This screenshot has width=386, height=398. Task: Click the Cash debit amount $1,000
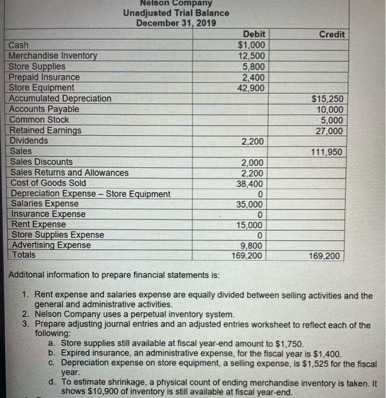pyautogui.click(x=250, y=45)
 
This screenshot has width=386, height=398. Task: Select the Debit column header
pyautogui.click(x=254, y=35)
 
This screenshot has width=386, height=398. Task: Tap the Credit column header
pyautogui.click(x=331, y=35)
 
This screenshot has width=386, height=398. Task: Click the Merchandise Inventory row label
pyautogui.click(x=53, y=56)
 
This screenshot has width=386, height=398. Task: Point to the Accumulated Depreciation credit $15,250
pyautogui.click(x=328, y=98)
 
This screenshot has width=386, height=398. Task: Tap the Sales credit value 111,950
pyautogui.click(x=327, y=151)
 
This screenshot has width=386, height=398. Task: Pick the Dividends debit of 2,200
pyautogui.click(x=252, y=140)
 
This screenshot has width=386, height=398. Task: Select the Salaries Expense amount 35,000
pyautogui.click(x=250, y=204)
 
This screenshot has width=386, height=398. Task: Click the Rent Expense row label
pyautogui.click(x=38, y=225)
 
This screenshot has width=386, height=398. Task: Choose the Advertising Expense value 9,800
pyautogui.click(x=253, y=246)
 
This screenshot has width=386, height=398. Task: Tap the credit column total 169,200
pyautogui.click(x=327, y=256)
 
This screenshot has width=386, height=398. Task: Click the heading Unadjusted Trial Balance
pyautogui.click(x=176, y=13)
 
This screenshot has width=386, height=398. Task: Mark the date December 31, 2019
pyautogui.click(x=176, y=23)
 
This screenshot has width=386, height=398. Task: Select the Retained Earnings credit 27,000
pyautogui.click(x=329, y=130)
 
